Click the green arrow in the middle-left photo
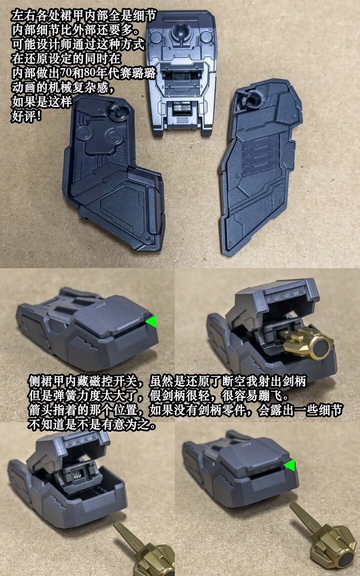coord(151,321)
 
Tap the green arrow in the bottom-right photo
coord(290,465)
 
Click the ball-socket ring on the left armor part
coord(118,111)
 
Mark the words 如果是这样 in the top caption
coord(41,102)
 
